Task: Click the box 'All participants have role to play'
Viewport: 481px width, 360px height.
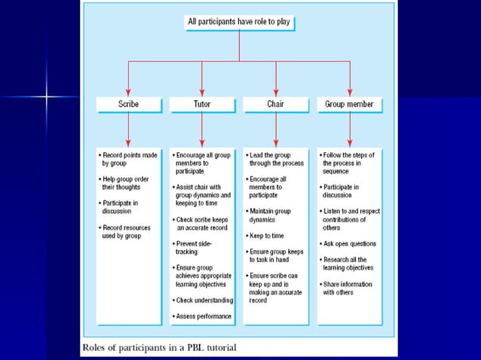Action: (239, 23)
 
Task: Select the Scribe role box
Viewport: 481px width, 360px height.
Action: (127, 104)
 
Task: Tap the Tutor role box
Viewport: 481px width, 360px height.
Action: (201, 104)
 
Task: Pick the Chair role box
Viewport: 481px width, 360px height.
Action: (275, 104)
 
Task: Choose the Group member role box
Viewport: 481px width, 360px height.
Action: (349, 104)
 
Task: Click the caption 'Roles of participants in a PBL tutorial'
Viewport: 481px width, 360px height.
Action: (158, 347)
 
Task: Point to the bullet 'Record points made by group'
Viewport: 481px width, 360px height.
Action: (129, 159)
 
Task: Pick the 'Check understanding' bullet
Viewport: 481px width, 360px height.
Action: (202, 301)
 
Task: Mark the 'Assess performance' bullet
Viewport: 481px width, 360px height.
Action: (201, 316)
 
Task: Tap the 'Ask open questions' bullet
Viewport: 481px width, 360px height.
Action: (349, 245)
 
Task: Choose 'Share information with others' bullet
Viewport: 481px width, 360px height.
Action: (348, 288)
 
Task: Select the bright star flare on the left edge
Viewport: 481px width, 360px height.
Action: (47, 96)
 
